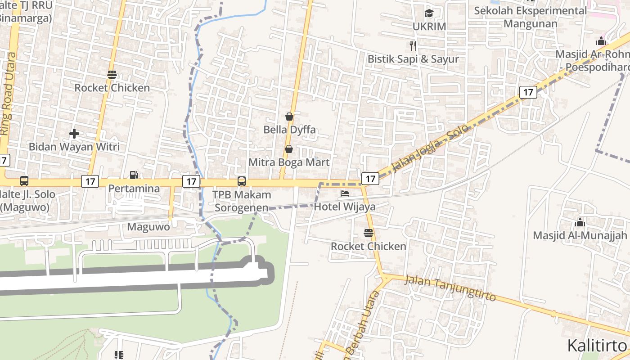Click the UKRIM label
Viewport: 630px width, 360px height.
point(429,27)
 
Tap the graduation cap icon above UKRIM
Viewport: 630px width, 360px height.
point(429,13)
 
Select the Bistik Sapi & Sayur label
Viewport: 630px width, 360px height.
point(413,59)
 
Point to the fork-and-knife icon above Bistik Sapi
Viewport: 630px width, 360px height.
point(413,45)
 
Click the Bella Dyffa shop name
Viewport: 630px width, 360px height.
point(289,130)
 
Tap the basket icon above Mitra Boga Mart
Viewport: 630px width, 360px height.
point(289,149)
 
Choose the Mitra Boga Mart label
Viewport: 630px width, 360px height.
point(289,162)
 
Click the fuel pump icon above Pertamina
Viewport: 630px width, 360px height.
point(134,175)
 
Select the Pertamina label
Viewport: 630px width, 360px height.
point(134,188)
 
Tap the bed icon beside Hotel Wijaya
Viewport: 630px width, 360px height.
point(345,194)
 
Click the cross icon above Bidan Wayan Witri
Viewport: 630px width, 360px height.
point(74,134)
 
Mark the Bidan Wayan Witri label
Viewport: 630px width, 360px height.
point(74,147)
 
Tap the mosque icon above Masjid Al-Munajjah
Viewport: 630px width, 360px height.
point(580,222)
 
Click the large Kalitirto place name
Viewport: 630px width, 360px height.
point(597,346)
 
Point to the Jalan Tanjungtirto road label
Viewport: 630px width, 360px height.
point(450,288)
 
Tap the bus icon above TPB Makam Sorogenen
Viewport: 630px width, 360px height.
point(242,181)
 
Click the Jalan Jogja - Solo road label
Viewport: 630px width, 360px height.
point(430,148)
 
